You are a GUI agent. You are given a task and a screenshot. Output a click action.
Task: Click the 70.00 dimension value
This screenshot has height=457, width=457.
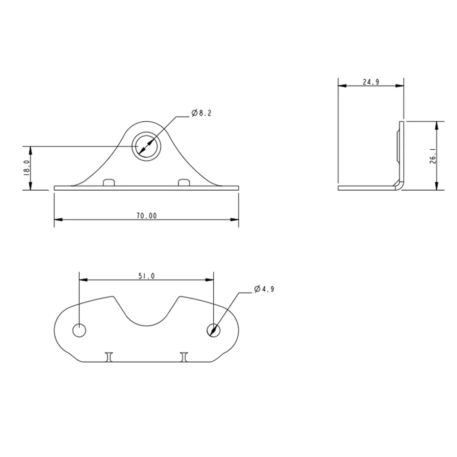point(147,216)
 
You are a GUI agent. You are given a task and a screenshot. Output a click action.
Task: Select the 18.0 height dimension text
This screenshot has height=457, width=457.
point(27,167)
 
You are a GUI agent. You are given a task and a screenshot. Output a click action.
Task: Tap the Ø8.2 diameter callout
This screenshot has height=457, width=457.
point(201,113)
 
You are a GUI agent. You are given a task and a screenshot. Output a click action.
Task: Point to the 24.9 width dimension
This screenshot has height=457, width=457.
point(371,82)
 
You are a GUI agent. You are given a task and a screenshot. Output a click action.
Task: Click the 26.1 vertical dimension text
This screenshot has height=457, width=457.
point(433,156)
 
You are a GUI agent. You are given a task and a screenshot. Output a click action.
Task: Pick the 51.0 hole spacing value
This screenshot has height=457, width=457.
point(147,276)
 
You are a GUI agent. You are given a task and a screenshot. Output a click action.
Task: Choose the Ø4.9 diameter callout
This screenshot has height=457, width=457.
point(264,289)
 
